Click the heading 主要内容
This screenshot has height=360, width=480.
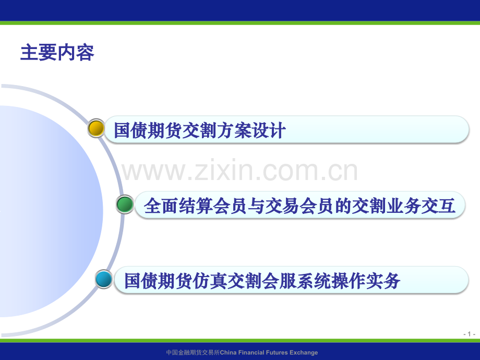57,53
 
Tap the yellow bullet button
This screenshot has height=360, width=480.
96,128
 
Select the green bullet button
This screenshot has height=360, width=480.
125,205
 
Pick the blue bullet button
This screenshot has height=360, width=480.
104,280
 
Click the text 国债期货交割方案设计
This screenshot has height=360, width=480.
200,130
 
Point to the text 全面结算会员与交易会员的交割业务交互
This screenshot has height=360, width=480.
299,206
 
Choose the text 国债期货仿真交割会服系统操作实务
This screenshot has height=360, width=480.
262,281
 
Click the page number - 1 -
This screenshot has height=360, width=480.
469,334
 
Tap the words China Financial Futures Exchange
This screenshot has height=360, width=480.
269,353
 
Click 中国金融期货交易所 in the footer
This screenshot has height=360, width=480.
193,353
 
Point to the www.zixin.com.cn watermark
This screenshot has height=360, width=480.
240,171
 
